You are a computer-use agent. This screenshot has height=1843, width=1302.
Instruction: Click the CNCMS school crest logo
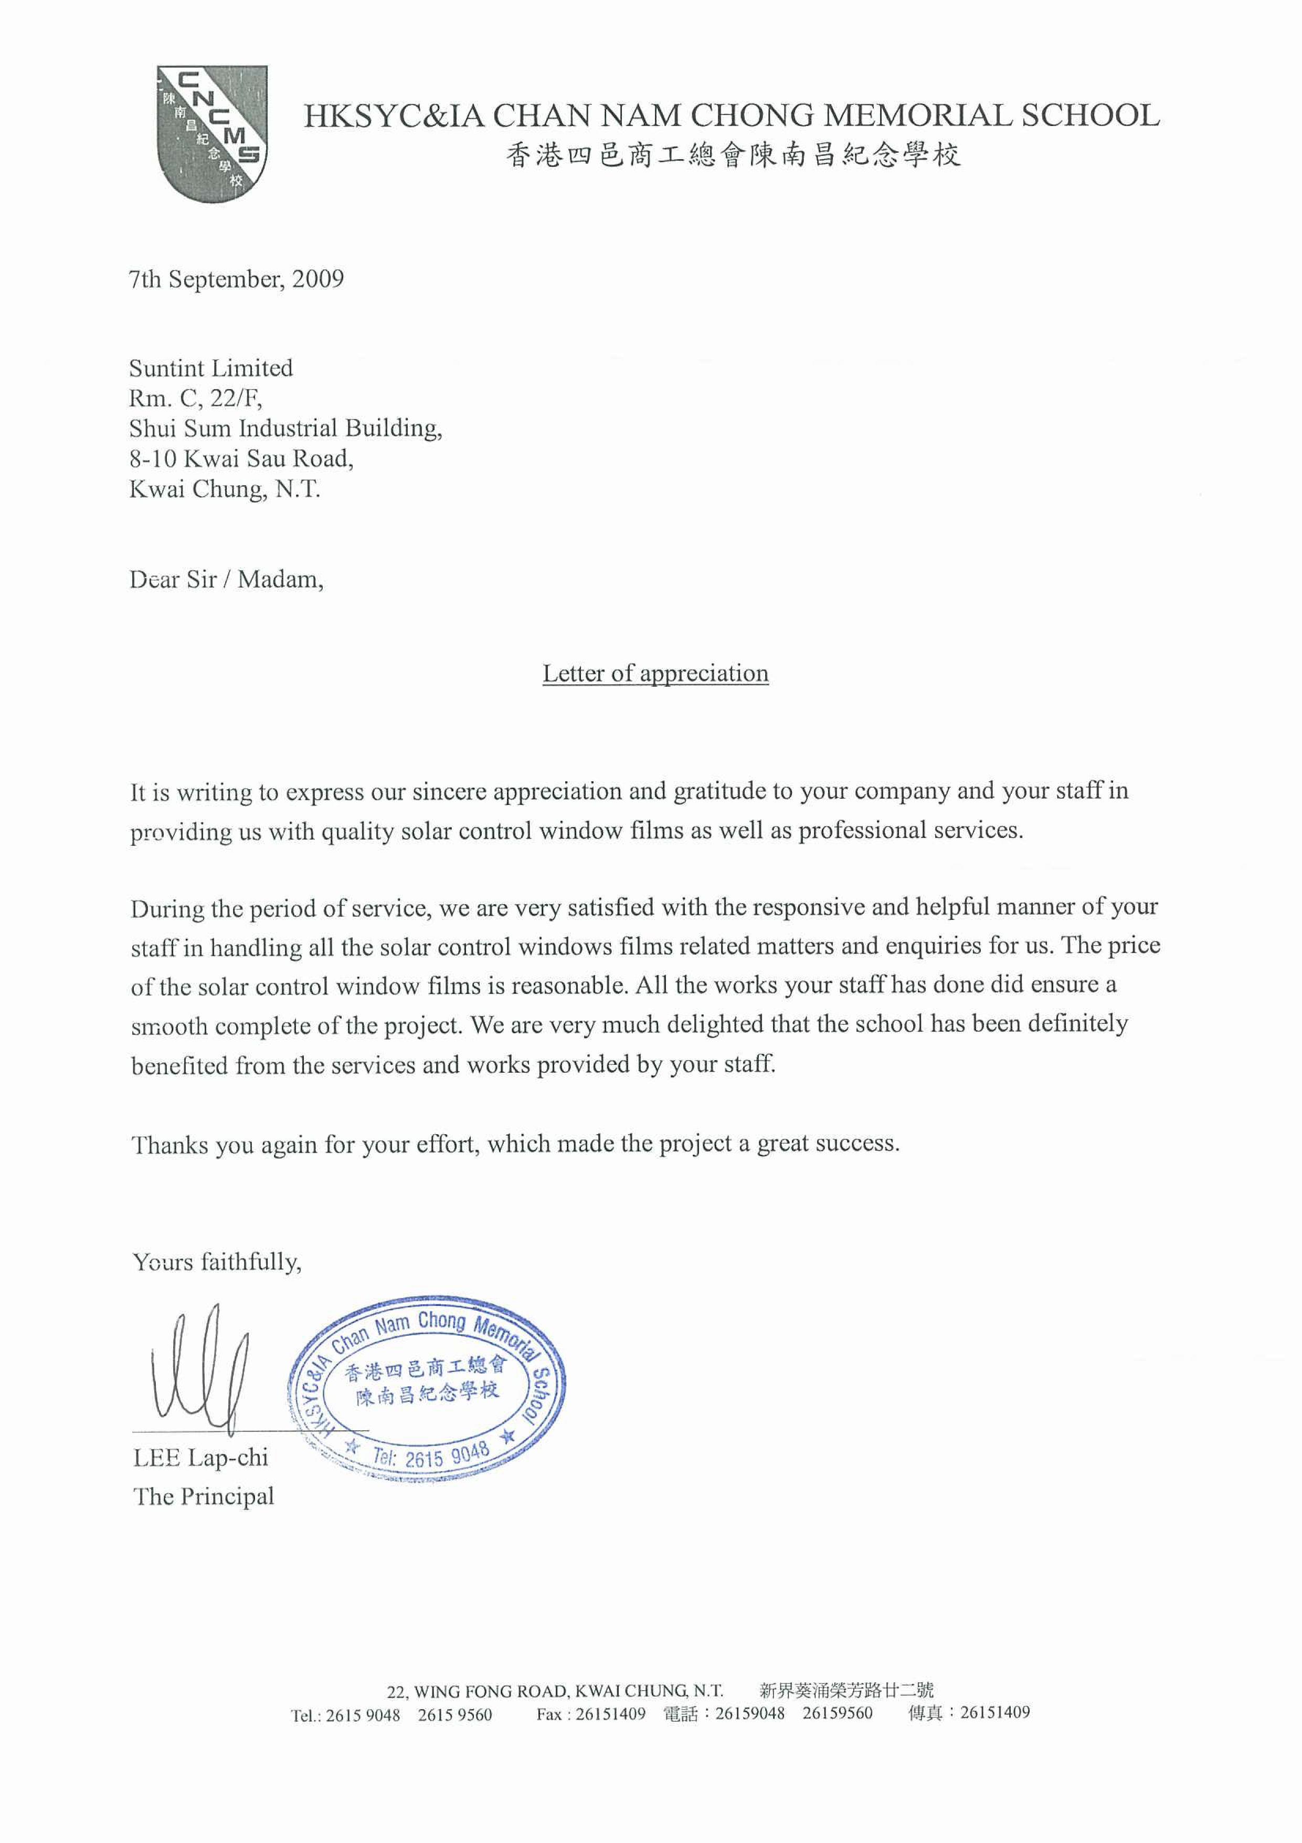(x=212, y=133)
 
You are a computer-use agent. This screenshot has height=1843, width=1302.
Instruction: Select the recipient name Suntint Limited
(x=211, y=369)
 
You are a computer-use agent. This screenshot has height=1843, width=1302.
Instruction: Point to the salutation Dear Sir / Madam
(x=226, y=580)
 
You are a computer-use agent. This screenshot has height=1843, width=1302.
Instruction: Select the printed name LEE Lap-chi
(x=200, y=1458)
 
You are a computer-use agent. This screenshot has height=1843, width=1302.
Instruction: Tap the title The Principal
(x=204, y=1496)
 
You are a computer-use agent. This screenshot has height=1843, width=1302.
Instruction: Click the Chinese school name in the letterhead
(x=733, y=155)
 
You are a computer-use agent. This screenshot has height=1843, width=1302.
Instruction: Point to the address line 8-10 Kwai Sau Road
(x=241, y=459)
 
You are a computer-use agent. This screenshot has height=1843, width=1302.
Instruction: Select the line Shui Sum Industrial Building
(x=285, y=428)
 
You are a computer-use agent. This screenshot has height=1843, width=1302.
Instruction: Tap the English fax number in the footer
(x=610, y=1714)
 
